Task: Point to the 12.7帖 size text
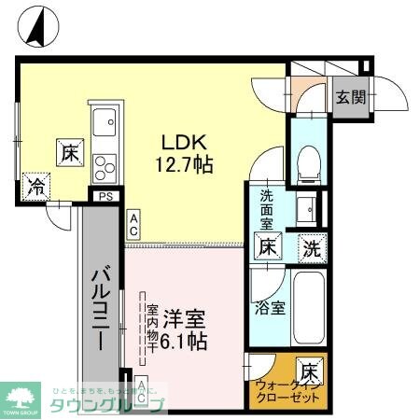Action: [x=190, y=165]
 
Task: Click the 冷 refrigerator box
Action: [x=36, y=185]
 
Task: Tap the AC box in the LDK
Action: [x=134, y=224]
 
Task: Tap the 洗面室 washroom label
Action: [x=267, y=210]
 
